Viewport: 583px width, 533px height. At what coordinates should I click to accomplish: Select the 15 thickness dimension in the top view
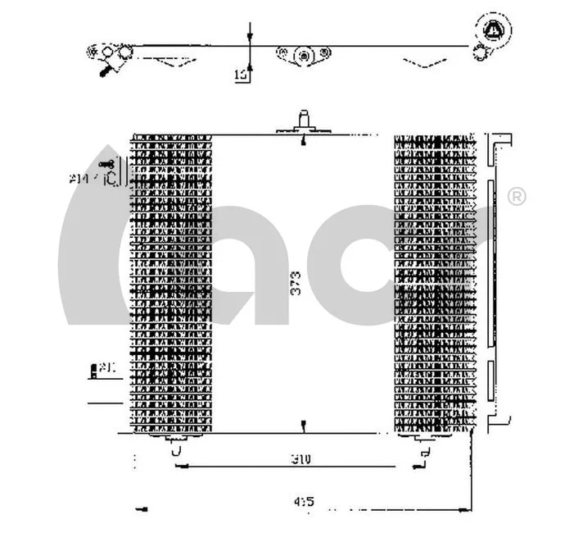[x=241, y=75]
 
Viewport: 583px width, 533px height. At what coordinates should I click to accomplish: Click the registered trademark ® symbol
[x=517, y=197]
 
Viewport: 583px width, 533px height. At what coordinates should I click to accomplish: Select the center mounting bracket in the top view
[x=304, y=55]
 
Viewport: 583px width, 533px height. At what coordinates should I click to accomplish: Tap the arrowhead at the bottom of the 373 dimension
[x=304, y=426]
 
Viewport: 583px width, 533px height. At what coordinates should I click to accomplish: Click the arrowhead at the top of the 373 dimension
[x=304, y=140]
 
